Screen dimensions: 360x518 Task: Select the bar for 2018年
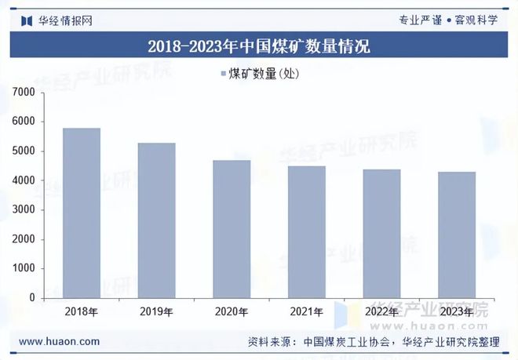[82, 213]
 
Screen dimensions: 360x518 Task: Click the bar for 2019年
[156, 220]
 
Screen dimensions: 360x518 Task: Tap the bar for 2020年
[231, 229]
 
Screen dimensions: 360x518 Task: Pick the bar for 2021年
[306, 232]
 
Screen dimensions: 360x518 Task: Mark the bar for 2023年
[456, 235]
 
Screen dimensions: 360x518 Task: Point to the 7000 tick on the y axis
[24, 93]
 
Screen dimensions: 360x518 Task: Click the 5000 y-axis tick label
[24, 151]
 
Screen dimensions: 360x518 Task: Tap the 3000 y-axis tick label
[24, 210]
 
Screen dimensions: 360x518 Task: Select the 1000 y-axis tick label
[24, 268]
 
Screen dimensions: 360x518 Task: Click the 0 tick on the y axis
[32, 298]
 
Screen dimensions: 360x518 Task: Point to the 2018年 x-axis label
[82, 312]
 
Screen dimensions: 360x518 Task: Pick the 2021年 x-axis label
[306, 312]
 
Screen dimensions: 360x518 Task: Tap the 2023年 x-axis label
[456, 312]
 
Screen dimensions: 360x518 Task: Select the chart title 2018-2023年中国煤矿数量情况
[259, 46]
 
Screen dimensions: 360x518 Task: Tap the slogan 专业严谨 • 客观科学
[448, 20]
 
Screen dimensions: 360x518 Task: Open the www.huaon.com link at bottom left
[59, 341]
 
